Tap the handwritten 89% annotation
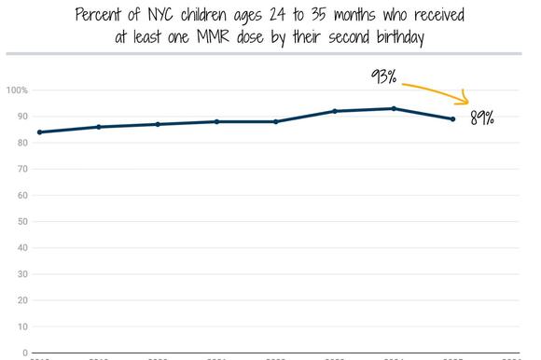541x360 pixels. coord(482,118)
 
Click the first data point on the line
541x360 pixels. coord(39,132)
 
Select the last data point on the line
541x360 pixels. coord(453,119)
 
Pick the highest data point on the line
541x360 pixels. coord(394,108)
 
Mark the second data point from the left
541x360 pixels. coord(98,127)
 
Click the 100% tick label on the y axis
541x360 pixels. coord(17,90)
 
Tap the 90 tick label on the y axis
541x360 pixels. coord(20,117)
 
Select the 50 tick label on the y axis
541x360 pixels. coord(20,222)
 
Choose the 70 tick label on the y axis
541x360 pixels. coord(20,170)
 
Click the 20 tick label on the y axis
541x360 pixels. coord(20,301)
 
